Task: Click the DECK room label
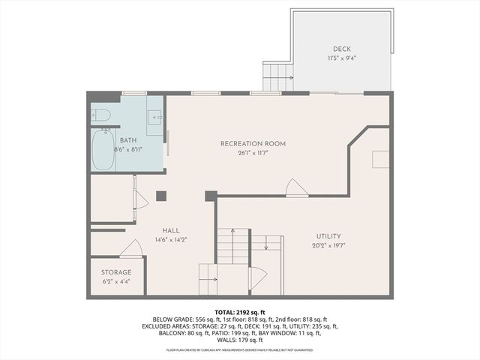[x=341, y=49]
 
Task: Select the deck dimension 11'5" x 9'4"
[x=341, y=58]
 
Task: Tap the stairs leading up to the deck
[x=277, y=76]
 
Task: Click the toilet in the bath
[x=101, y=115]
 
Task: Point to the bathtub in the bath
[x=103, y=148]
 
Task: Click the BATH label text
[x=128, y=140]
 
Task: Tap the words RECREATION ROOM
[x=253, y=143]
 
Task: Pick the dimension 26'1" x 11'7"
[x=253, y=153]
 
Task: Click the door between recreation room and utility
[x=297, y=189]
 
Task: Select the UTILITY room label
[x=328, y=235]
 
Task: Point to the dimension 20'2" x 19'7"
[x=328, y=244]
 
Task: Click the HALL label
[x=171, y=230]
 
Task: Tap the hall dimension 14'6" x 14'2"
[x=171, y=240]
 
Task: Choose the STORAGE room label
[x=116, y=272]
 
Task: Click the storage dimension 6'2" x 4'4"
[x=116, y=282]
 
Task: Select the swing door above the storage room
[x=130, y=249]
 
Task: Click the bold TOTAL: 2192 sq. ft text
[x=239, y=310]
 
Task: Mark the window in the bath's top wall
[x=133, y=93]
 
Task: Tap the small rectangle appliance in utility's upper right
[x=380, y=159]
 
